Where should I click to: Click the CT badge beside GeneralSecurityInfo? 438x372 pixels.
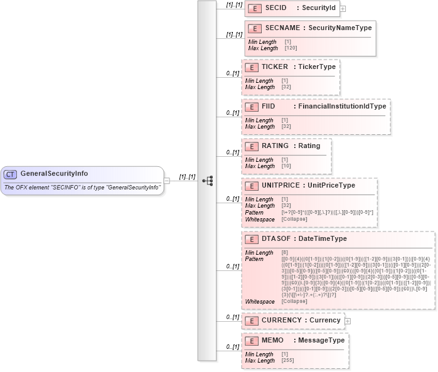click(11, 174)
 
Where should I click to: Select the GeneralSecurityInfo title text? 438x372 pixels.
click(54, 174)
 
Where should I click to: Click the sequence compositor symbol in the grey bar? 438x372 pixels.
click(207, 181)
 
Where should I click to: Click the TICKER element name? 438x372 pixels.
click(275, 67)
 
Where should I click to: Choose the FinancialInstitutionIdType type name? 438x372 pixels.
click(342, 107)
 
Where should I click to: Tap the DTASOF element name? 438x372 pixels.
click(276, 239)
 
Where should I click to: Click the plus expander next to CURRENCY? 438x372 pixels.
click(348, 321)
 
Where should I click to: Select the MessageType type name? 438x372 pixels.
click(321, 341)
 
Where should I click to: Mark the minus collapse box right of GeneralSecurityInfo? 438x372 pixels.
click(166, 181)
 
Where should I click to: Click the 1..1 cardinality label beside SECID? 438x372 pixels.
click(234, 5)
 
